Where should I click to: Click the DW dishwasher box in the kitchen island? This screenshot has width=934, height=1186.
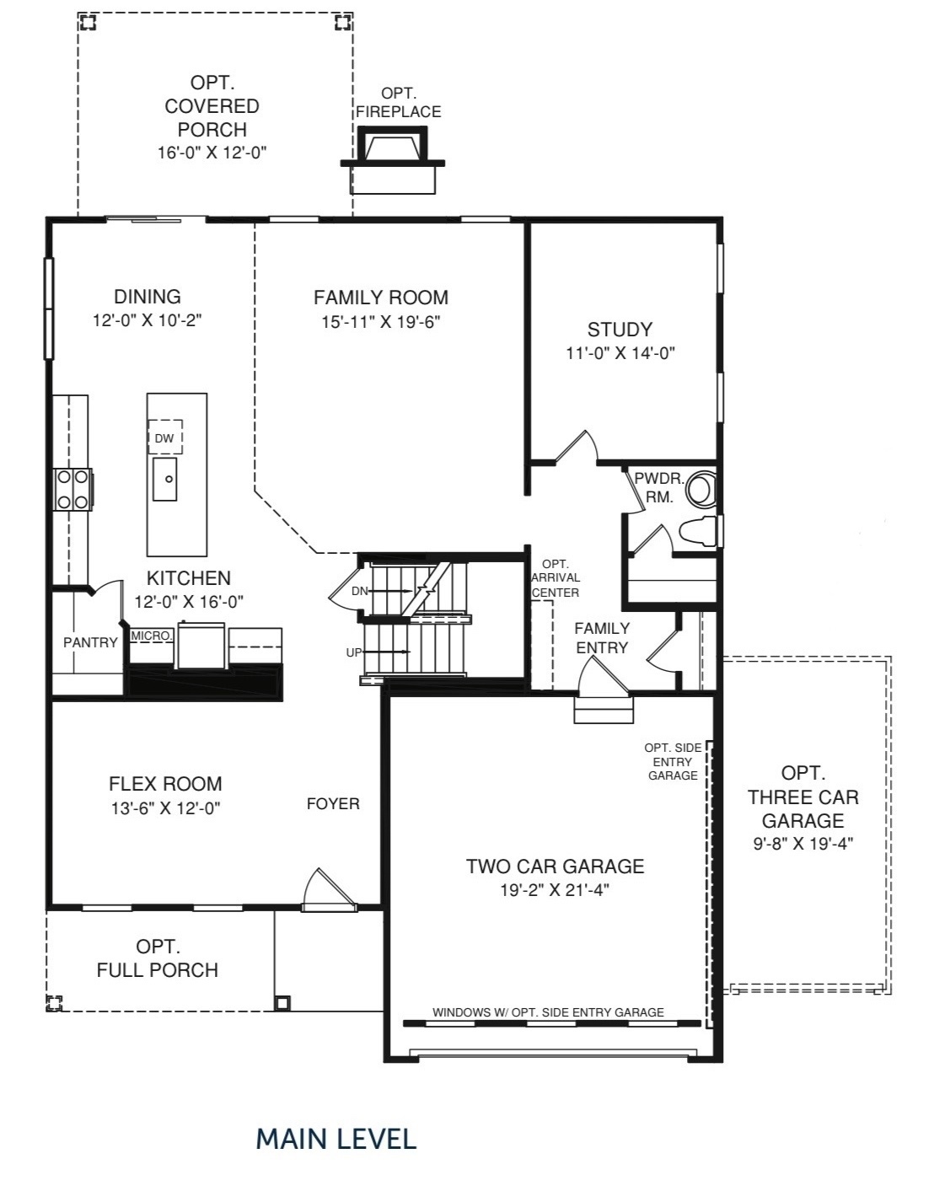(x=165, y=437)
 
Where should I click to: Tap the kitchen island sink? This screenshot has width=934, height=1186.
(x=165, y=479)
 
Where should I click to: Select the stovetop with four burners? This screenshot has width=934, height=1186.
(x=72, y=489)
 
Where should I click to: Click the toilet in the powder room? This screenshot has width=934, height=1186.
(x=698, y=532)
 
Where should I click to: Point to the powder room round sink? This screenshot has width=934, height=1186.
(x=700, y=488)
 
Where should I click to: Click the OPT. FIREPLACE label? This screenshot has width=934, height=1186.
(x=398, y=103)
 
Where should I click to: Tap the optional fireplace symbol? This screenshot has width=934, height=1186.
(x=393, y=160)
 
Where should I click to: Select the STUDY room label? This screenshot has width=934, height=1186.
(x=620, y=330)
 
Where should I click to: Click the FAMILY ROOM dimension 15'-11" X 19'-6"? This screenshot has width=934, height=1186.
(x=381, y=321)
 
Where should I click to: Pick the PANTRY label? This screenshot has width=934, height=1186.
(x=90, y=642)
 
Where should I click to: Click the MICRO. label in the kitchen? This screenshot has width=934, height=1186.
(x=152, y=636)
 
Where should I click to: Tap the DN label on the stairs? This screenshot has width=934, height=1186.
(x=359, y=592)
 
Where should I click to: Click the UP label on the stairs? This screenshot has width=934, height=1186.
(x=353, y=652)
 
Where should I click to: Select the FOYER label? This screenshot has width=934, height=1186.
(x=333, y=804)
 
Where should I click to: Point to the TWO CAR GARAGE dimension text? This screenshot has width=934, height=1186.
(x=555, y=890)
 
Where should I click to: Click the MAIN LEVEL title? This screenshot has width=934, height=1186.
(x=336, y=1139)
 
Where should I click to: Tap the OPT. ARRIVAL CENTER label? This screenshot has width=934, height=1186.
(x=556, y=578)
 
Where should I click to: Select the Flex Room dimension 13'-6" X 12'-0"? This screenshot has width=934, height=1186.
(x=165, y=808)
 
